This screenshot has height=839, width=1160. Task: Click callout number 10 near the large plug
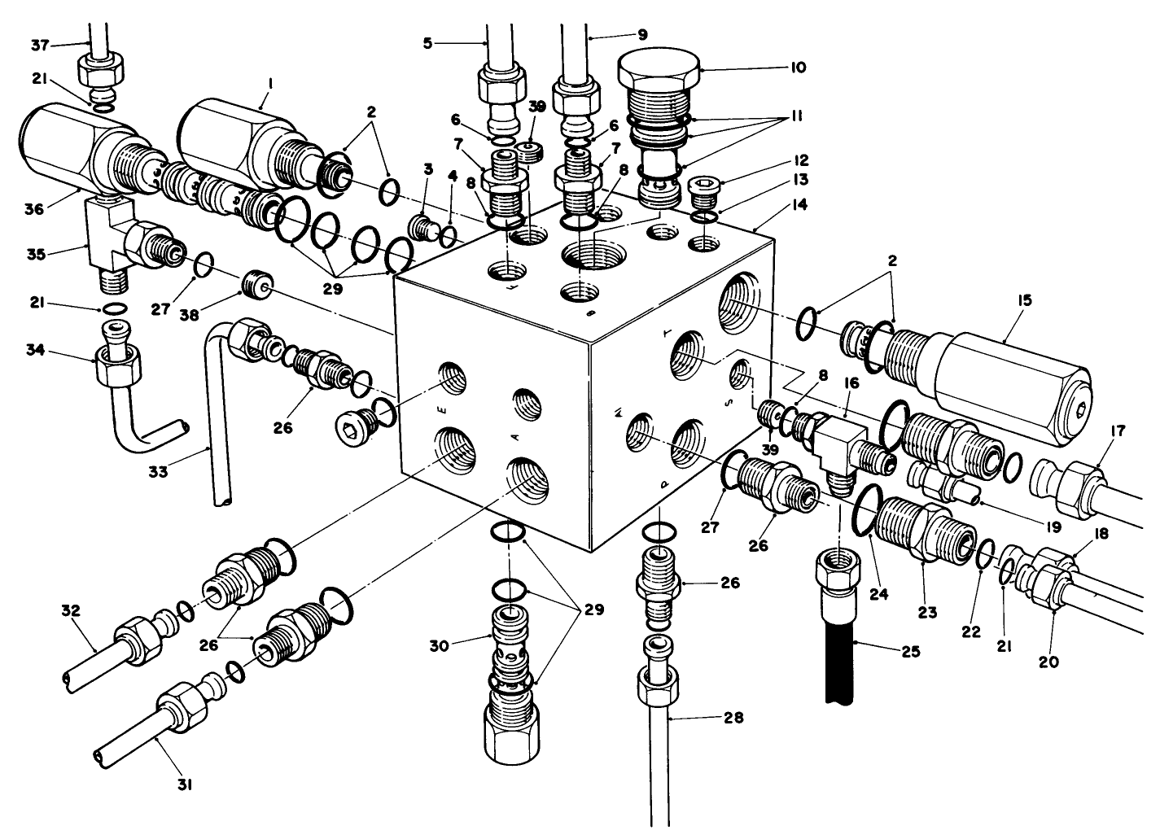(797, 68)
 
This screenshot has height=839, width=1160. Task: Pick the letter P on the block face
(663, 483)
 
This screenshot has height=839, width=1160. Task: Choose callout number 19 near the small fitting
(1053, 527)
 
